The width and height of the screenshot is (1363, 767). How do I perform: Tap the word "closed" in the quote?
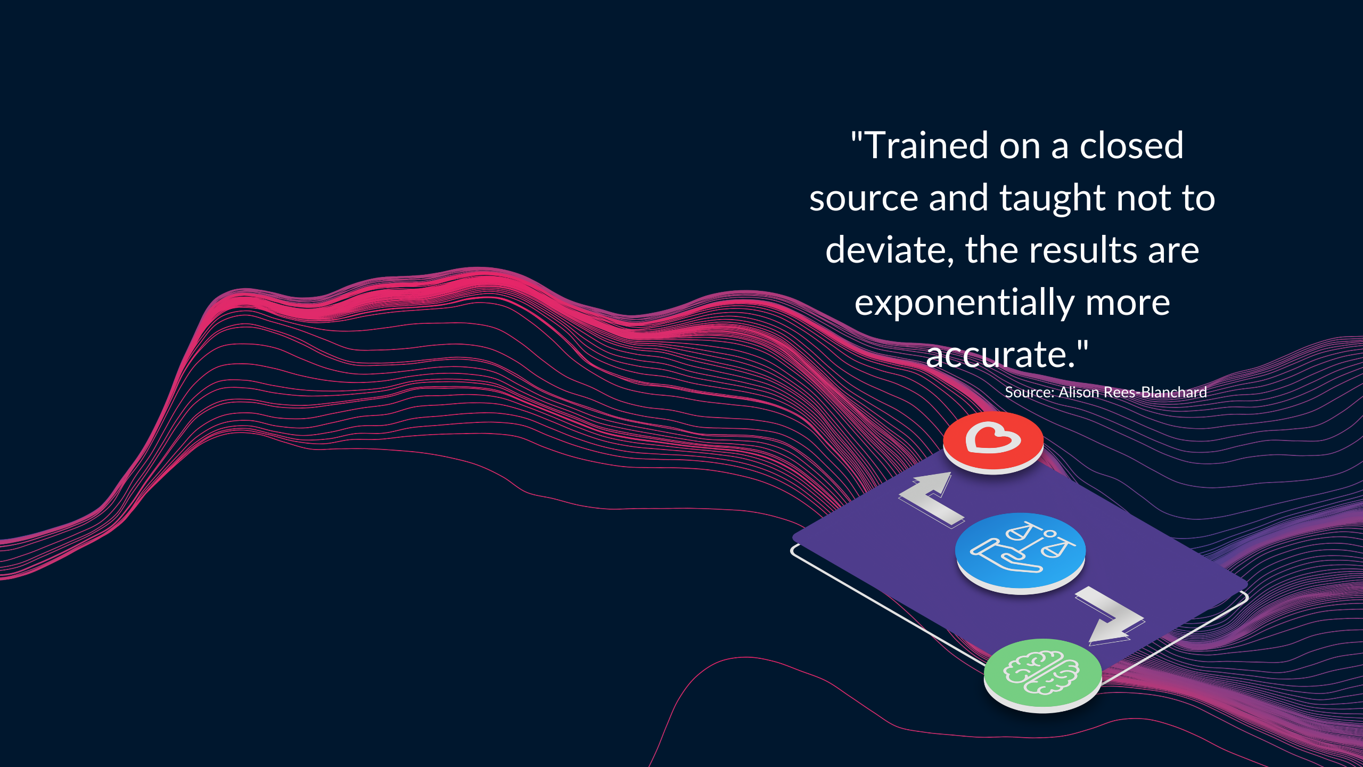coord(1131,145)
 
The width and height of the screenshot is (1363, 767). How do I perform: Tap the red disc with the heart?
coord(993,443)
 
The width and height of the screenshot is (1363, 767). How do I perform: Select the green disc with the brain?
coord(1042,676)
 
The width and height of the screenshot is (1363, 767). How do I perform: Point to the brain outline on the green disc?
coord(1041,673)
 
